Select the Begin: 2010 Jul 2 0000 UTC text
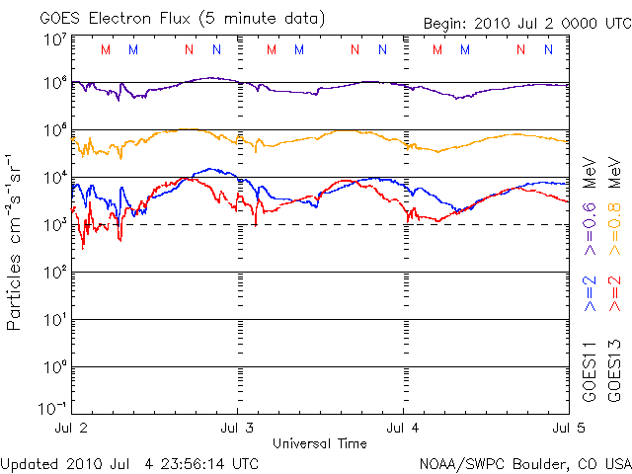(x=525, y=24)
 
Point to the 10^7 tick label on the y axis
(x=54, y=39)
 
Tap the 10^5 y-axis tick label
(x=54, y=132)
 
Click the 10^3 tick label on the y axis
(x=54, y=225)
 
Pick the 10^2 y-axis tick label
(x=54, y=273)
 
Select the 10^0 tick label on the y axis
(x=54, y=367)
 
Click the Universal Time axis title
(x=320, y=443)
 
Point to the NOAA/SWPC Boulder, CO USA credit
(x=524, y=462)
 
